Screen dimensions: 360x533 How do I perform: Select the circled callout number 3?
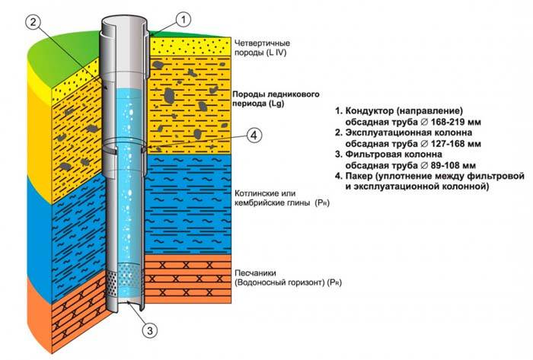pyautogui.click(x=151, y=330)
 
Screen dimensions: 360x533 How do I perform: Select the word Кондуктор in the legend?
pyautogui.click(x=372, y=110)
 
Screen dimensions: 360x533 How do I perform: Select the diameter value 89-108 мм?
pyautogui.click(x=449, y=164)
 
